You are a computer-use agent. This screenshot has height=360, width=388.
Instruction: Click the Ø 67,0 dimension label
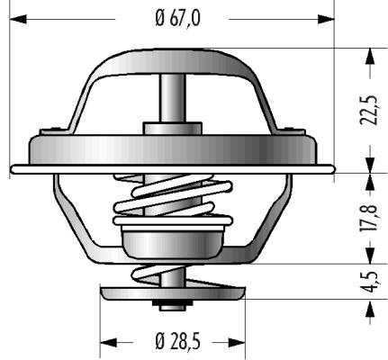tap(177, 19)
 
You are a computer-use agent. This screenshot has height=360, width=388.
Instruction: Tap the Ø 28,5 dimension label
tap(177, 341)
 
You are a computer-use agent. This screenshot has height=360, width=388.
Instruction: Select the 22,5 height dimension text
tap(369, 110)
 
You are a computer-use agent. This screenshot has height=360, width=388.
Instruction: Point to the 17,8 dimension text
tap(369, 217)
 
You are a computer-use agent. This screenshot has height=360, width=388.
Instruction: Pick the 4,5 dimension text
tap(369, 282)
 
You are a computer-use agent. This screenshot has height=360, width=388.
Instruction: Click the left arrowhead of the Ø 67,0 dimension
tap(18, 19)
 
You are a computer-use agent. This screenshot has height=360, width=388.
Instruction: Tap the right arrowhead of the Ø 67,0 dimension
tap(326, 19)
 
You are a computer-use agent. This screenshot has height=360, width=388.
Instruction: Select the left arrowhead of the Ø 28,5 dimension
tap(108, 342)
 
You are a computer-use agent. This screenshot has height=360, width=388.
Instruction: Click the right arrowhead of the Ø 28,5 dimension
tap(237, 342)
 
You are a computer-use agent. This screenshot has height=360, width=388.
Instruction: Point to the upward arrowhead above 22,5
tap(370, 57)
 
